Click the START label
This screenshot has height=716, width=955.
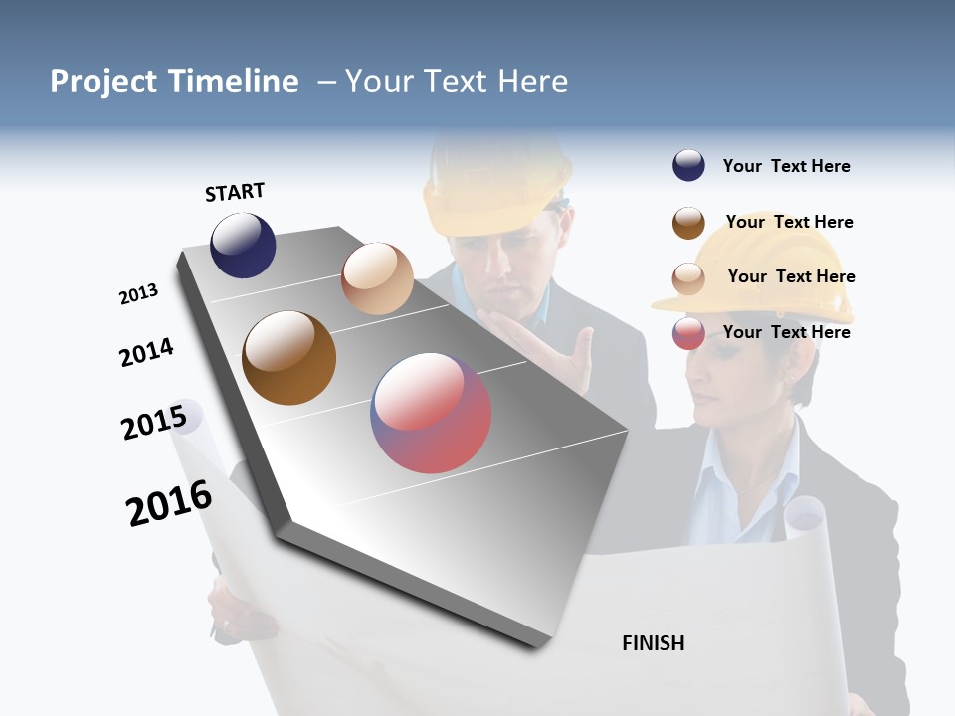235,192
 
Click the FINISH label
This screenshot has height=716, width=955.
653,643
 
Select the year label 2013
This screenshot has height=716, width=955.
138,294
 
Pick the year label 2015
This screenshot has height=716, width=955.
154,423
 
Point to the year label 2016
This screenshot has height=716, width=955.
169,503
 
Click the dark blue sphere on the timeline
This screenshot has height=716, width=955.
243,245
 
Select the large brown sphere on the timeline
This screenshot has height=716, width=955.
288,358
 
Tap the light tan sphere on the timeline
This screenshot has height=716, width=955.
377,278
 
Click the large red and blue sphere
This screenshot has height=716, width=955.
431,412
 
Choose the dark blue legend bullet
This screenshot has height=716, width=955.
688,165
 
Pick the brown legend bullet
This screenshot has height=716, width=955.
688,223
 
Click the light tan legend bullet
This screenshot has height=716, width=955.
688,277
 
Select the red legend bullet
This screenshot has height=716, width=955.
688,333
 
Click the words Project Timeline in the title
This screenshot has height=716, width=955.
174,82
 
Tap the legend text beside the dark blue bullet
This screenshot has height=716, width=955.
786,166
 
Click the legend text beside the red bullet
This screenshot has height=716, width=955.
786,332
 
